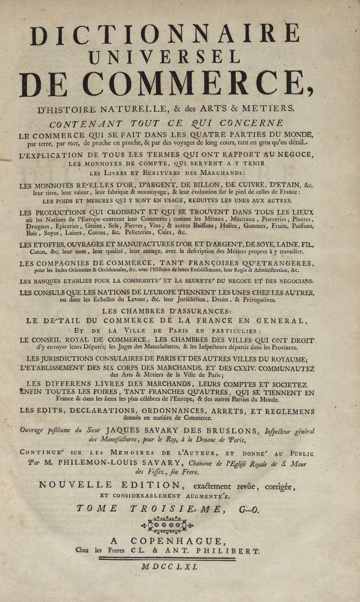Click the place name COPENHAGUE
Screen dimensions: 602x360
pos(176,541)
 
